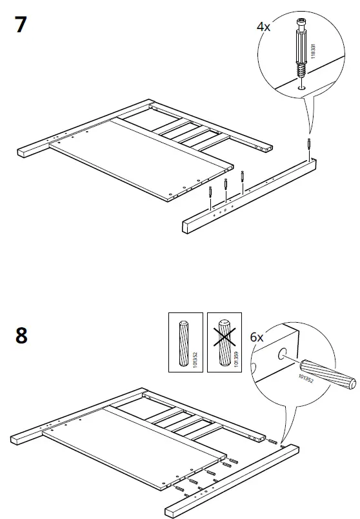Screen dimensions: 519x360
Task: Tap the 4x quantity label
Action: click(265, 27)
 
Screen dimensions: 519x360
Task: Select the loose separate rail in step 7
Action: click(252, 194)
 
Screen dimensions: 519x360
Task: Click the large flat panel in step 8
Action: click(129, 452)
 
